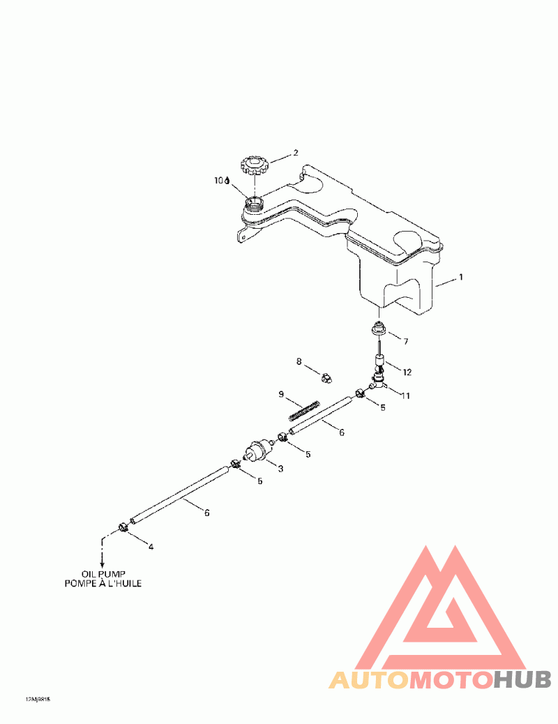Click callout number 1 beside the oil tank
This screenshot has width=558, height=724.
coord(460,277)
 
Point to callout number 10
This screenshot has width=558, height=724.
coord(220,180)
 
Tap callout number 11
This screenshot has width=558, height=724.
coord(405,395)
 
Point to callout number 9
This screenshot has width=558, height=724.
coord(281,395)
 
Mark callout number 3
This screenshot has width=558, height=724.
coord(280,469)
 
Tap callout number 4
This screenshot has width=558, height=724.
coord(151,547)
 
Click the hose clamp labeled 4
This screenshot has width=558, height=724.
coord(123,527)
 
